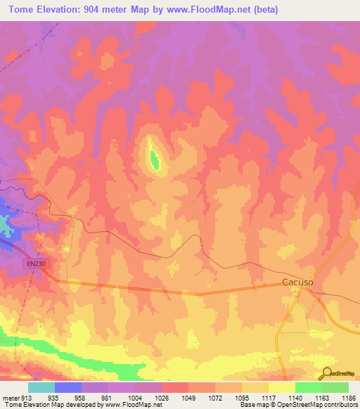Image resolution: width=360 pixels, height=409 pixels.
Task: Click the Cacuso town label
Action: click(x=297, y=283)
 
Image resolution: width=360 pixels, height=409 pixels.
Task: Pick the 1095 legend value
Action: click(x=241, y=396)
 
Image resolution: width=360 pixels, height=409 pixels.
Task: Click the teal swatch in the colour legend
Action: click(x=41, y=387)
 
